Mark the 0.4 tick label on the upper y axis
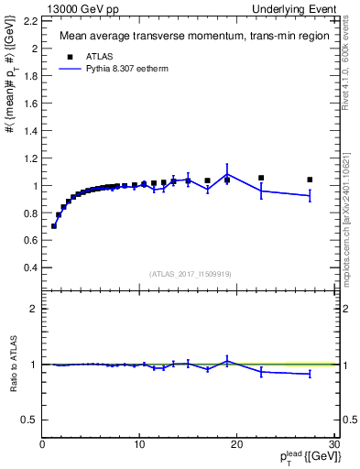[31, 267]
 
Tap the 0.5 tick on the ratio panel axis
[31, 420]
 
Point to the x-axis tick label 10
[139, 444]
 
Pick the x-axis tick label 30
[334, 444]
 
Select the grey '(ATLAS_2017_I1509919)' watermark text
[190, 273]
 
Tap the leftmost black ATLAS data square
[54, 225]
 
